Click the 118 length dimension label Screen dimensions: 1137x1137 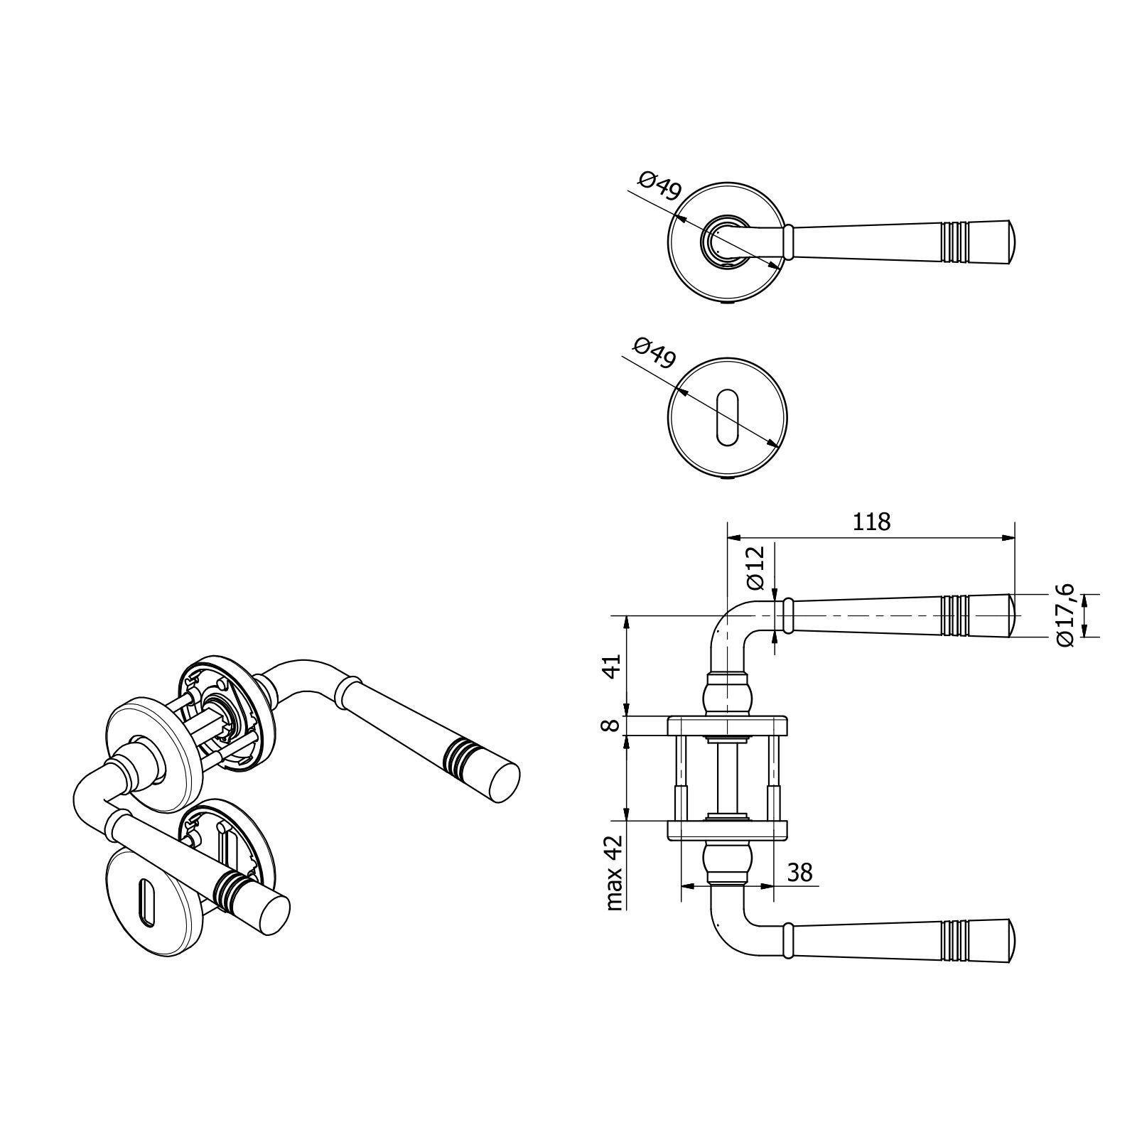(x=871, y=522)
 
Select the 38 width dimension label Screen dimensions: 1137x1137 (x=800, y=872)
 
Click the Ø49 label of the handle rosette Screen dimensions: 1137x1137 (x=660, y=188)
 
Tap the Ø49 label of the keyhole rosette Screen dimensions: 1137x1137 (x=653, y=352)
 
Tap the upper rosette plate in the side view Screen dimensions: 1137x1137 (x=727, y=725)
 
